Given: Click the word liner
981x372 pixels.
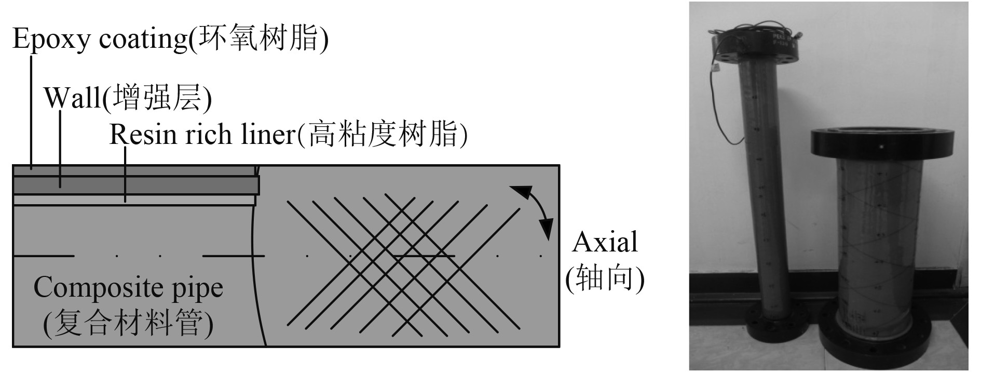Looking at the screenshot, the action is pyautogui.click(x=264, y=135).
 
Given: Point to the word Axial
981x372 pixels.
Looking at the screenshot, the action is pyautogui.click(x=605, y=243).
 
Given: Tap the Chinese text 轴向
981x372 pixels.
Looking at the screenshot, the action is pyautogui.click(x=605, y=279).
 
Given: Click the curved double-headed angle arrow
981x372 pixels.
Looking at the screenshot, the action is pyautogui.click(x=535, y=210).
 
